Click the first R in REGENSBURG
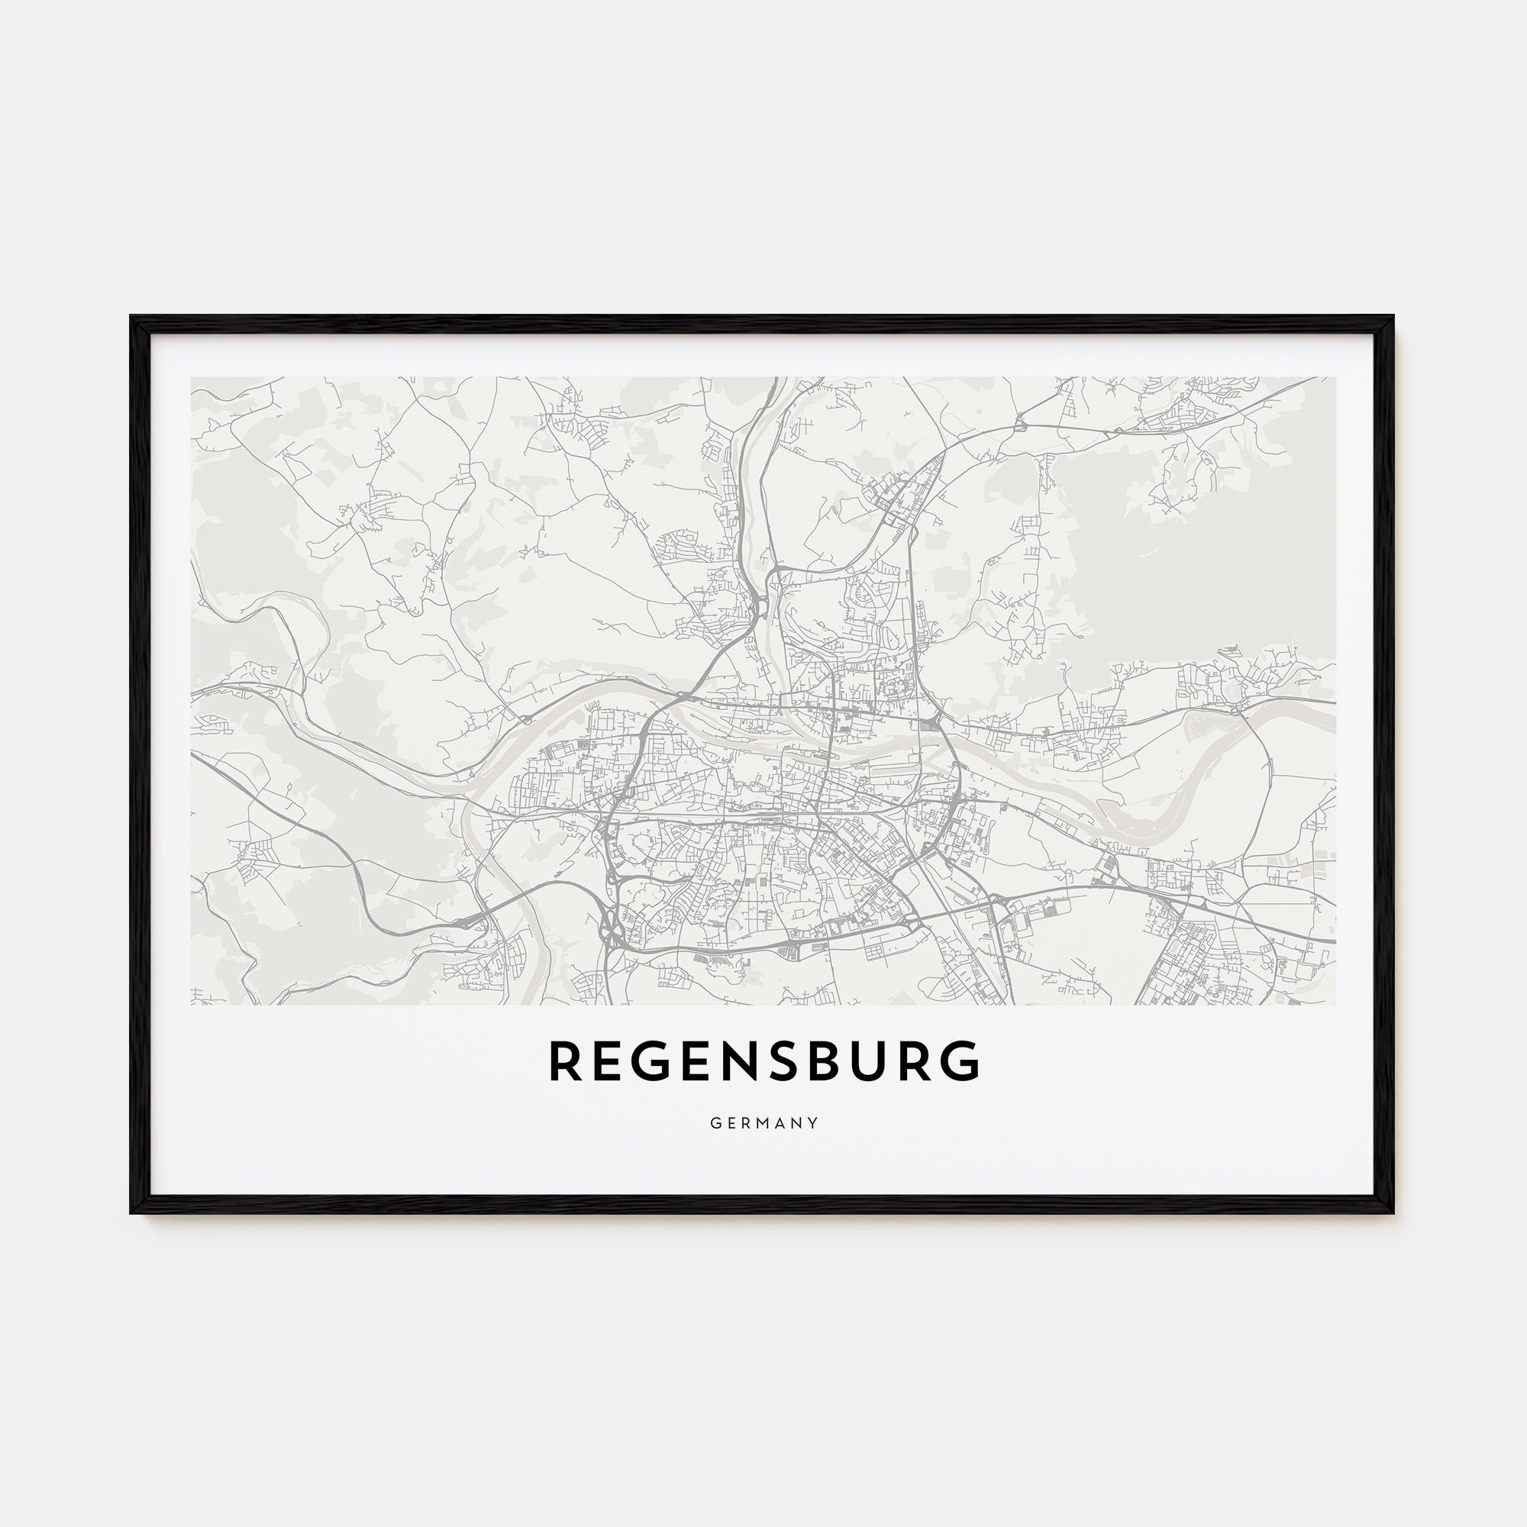567,1061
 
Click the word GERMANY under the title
763,1123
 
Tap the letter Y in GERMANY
813,1123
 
